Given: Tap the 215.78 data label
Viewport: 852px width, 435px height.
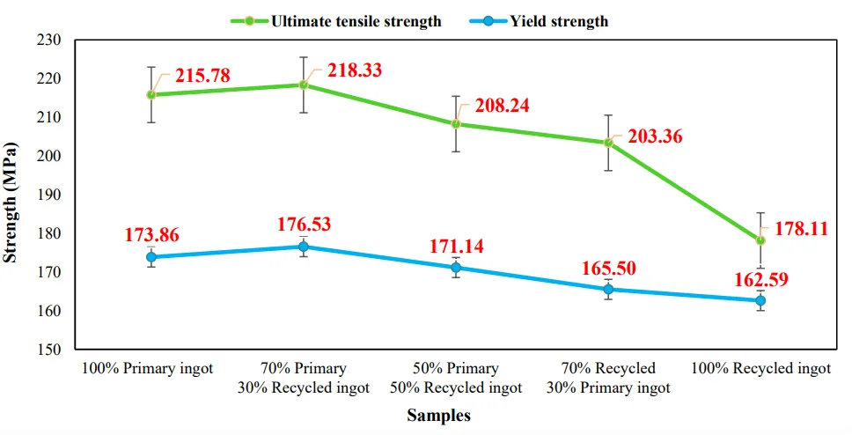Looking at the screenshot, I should [202, 76].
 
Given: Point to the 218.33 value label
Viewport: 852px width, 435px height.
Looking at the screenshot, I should [355, 70].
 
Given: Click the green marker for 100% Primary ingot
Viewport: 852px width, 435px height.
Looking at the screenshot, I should [151, 94].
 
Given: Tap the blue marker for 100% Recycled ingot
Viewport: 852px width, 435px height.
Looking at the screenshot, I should [760, 300].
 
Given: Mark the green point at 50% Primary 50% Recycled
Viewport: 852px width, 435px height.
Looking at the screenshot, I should [456, 123].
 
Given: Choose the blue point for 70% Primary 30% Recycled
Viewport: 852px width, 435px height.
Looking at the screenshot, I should [304, 247].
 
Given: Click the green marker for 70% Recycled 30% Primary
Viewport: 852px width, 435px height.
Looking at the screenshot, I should [608, 143].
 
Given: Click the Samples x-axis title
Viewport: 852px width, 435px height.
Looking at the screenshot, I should [438, 416].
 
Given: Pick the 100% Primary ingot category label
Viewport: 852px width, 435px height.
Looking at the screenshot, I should [147, 368].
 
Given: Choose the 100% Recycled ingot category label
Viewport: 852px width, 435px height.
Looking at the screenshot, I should [761, 368].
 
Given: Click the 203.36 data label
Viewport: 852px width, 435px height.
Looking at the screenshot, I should [655, 137].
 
